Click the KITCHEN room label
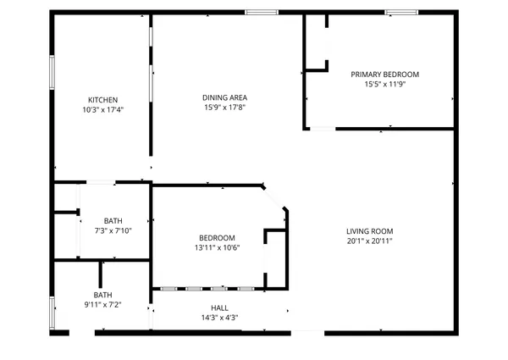point(102,99)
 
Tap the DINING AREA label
point(224,97)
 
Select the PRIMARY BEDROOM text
point(384,75)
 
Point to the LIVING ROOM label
point(369,231)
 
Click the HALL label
point(219,308)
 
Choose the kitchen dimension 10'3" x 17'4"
point(102,109)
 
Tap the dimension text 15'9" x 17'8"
point(224,108)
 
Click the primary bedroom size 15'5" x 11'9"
point(384,84)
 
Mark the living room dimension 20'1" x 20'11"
point(369,241)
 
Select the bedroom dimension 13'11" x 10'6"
point(217,247)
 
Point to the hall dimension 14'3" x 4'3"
point(218,318)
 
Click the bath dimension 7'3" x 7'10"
point(113,230)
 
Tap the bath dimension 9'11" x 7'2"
point(103,304)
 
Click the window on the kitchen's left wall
point(52,76)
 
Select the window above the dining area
point(262,12)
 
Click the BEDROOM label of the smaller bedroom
point(217,237)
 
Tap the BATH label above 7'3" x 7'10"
point(113,220)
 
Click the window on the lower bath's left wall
point(52,311)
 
